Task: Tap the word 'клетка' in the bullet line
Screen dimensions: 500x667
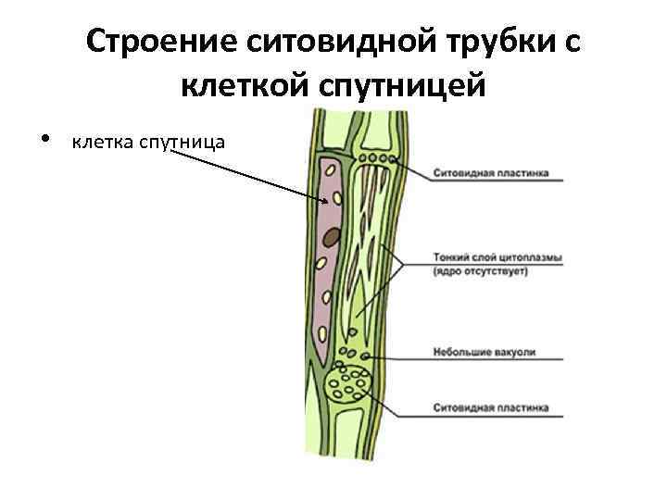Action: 102,142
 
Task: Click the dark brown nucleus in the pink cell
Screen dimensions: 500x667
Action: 331,237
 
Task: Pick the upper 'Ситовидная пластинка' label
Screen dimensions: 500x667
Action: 490,173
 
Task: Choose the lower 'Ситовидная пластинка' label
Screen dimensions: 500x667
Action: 490,407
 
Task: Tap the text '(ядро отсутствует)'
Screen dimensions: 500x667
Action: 480,271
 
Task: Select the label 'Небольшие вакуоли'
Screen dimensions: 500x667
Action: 484,353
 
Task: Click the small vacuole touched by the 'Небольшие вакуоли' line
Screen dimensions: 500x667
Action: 367,355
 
